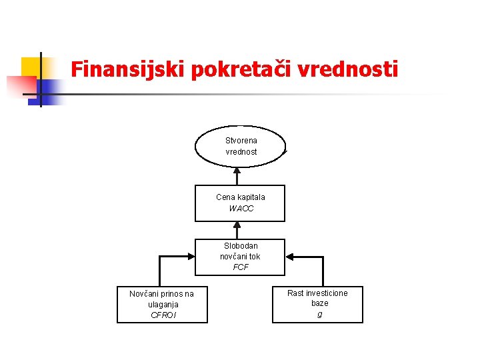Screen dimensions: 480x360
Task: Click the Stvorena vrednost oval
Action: [240, 146]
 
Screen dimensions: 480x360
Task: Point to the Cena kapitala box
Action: [240, 203]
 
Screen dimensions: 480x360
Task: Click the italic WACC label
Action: [241, 209]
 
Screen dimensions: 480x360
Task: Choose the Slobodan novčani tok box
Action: [240, 257]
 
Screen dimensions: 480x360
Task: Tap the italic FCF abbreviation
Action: [241, 267]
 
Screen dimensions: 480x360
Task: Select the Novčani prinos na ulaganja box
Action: [162, 304]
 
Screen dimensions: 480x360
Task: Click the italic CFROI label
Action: [162, 315]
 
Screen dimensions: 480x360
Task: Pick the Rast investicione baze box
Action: [317, 303]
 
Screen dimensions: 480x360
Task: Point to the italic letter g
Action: [319, 314]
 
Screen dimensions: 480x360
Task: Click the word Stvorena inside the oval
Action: [241, 141]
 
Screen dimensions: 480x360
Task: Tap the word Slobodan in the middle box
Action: [241, 246]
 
